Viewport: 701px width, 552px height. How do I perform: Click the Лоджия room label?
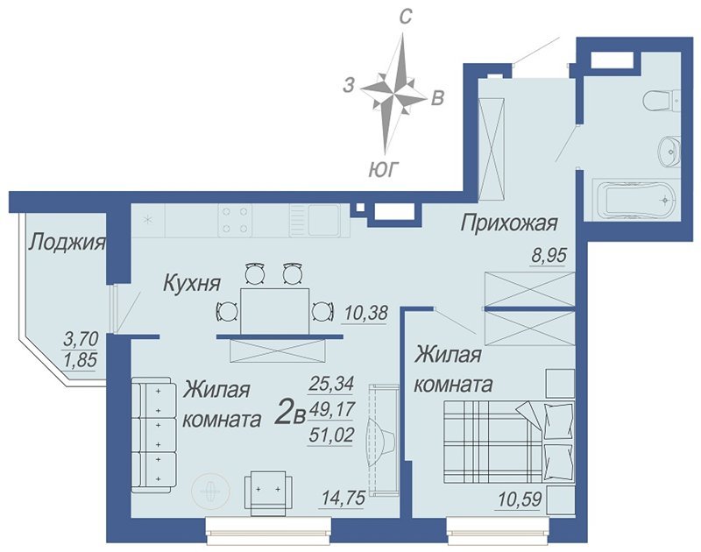(67, 243)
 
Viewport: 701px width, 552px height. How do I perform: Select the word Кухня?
(190, 283)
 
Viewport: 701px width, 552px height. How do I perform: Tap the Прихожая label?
(509, 223)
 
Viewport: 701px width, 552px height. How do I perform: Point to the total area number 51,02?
(331, 432)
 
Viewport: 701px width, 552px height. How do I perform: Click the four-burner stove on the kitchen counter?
(236, 219)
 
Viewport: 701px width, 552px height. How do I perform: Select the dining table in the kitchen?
(274, 310)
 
